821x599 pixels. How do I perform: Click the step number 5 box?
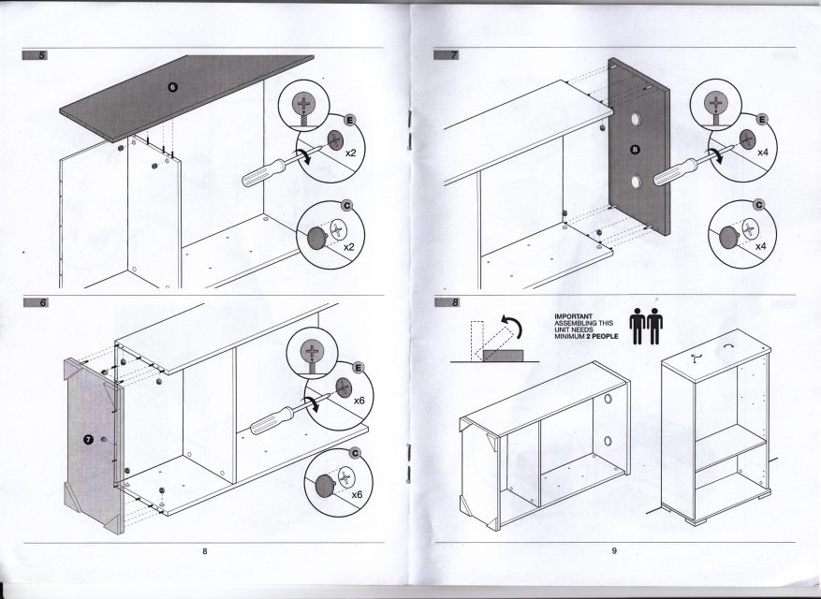[41, 55]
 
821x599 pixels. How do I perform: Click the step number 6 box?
[41, 303]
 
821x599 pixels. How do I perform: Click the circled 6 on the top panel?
[172, 86]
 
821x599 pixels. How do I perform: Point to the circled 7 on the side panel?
[88, 440]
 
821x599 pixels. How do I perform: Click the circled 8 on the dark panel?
[637, 149]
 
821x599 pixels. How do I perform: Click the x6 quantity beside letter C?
[355, 493]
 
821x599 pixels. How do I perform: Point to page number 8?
[204, 551]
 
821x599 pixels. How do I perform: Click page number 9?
[614, 551]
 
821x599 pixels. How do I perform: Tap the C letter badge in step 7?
[758, 205]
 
